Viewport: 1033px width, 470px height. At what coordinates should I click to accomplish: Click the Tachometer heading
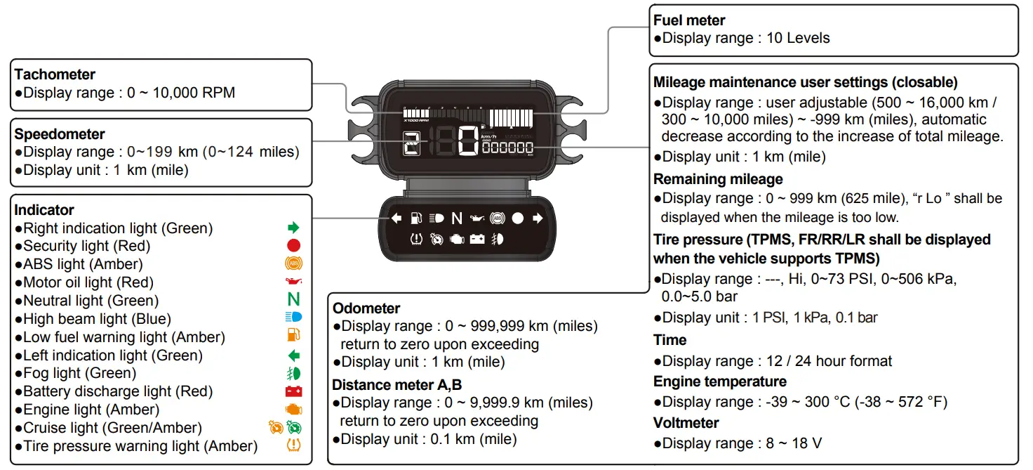coord(55,74)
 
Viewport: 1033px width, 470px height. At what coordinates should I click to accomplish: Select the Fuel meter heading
coord(689,20)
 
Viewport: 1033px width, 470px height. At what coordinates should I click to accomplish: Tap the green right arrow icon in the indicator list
coord(293,228)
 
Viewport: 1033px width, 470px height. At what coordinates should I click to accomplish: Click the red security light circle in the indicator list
coord(293,246)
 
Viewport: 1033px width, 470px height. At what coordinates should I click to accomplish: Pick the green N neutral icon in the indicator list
coord(293,301)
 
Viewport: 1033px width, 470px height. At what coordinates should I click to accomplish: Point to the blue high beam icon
coord(293,318)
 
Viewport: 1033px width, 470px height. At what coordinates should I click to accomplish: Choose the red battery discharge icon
coord(293,391)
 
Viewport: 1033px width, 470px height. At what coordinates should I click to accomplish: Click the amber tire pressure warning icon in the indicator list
coord(293,445)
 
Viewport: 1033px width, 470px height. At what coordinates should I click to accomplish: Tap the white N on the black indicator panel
coord(457,218)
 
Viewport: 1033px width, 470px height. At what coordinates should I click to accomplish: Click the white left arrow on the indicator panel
coord(396,218)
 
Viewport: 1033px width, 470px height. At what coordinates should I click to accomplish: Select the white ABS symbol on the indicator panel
coord(498,218)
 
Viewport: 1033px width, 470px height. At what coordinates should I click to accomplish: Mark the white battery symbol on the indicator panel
coord(477,240)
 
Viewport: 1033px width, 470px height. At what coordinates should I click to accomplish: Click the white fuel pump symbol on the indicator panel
coord(416,218)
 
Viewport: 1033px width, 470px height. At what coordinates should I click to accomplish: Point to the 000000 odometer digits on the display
coord(507,148)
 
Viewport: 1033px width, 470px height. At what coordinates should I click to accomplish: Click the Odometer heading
coord(366,308)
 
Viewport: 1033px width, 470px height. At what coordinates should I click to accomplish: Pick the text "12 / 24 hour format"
coord(827,361)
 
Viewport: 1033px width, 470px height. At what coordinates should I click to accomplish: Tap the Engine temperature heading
coord(719,381)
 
